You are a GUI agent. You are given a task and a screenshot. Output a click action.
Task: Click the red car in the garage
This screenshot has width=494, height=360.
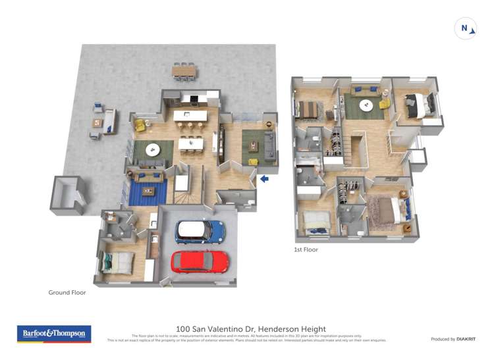pyautogui.click(x=200, y=262)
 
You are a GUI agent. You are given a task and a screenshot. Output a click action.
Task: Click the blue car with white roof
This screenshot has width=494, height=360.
pyautogui.click(x=200, y=232)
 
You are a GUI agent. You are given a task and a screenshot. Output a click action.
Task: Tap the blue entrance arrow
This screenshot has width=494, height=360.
pyautogui.click(x=264, y=178)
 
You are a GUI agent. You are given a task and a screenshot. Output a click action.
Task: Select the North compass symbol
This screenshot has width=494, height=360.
pyautogui.click(x=465, y=29)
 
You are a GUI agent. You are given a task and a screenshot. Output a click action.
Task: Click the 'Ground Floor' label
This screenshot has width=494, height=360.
pyautogui.click(x=67, y=293)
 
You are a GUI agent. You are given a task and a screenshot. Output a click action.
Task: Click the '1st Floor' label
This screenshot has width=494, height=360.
pyautogui.click(x=306, y=250)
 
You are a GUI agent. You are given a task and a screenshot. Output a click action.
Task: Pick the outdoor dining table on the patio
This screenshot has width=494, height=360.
pyautogui.click(x=184, y=69)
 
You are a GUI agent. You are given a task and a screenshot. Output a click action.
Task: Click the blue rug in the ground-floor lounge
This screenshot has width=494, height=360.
pyautogui.click(x=146, y=192)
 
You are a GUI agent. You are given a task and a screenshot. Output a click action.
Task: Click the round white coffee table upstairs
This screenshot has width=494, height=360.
pyautogui.click(x=366, y=105)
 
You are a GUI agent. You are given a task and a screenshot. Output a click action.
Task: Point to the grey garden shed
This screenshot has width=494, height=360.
pyautogui.click(x=68, y=195)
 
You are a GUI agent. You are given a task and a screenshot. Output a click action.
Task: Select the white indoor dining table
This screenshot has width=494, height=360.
pyautogui.click(x=190, y=142)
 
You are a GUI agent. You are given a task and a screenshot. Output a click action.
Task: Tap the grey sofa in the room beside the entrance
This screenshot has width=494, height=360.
pyautogui.click(x=269, y=145)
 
